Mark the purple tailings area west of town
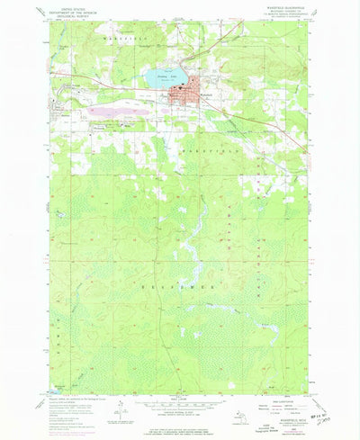coord(121,113)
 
